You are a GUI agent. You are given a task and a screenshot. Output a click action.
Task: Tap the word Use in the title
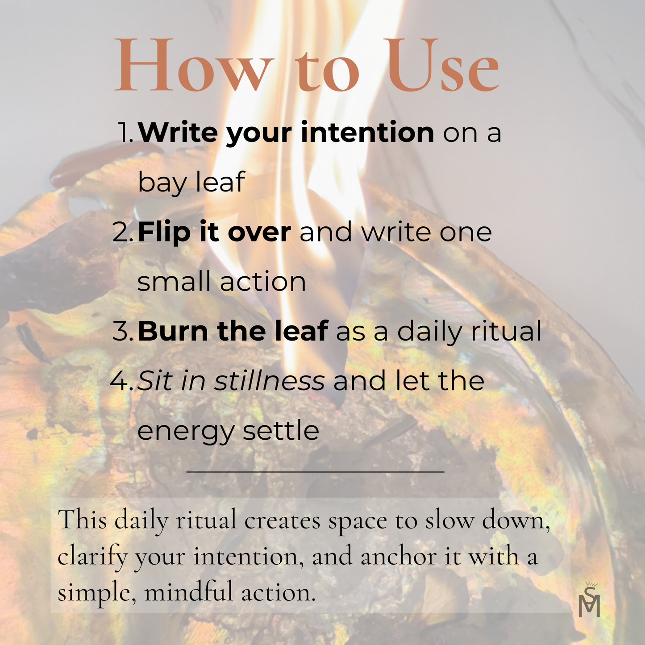coord(442,65)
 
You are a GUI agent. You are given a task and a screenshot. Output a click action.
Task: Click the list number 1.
coord(125,133)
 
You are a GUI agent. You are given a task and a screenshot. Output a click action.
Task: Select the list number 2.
coord(123,232)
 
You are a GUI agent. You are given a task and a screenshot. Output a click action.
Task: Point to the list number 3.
coord(123,331)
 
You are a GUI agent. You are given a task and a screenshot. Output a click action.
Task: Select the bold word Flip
coord(164,232)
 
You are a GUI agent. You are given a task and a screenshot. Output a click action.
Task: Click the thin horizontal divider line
coord(315,472)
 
